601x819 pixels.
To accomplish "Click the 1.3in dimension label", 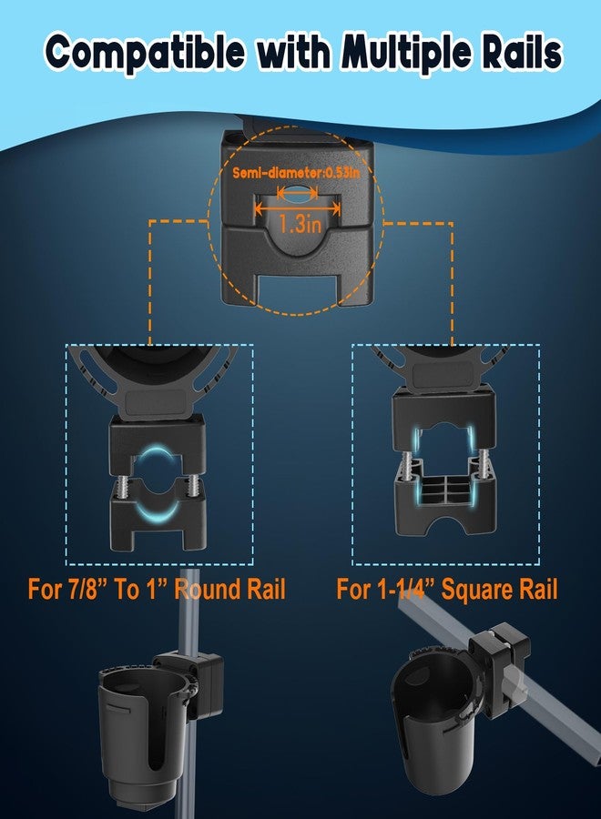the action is (x=299, y=224).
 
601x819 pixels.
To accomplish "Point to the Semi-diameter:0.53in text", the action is (x=296, y=172).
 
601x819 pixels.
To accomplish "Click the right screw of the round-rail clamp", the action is (x=195, y=481).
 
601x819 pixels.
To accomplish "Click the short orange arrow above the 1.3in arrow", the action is (x=298, y=193).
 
